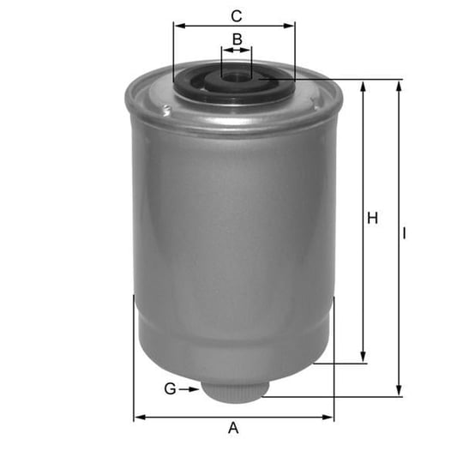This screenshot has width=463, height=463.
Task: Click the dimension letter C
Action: (237, 16)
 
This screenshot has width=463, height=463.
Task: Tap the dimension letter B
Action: (238, 39)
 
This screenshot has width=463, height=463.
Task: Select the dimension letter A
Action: (233, 428)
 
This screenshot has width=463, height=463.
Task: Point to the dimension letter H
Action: (372, 219)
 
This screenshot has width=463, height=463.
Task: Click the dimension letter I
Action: (404, 233)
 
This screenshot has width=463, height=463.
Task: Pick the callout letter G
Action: (170, 389)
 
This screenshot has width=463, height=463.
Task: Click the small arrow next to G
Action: (189, 389)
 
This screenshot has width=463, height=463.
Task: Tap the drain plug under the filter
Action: (235, 391)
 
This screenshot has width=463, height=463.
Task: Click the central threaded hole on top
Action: (236, 78)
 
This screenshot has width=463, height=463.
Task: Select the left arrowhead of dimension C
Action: (179, 26)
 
